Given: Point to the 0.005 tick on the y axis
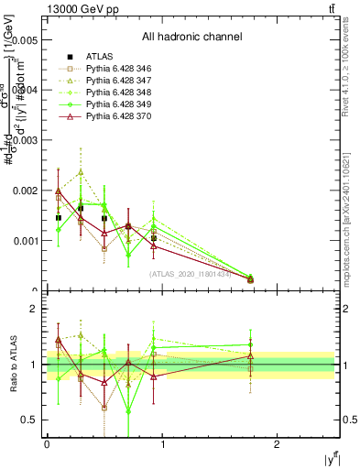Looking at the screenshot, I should click(25, 41).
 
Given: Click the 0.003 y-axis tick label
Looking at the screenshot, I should click(25, 141).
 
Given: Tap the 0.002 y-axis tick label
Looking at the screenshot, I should click(25, 191).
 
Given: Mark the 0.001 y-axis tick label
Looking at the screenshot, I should click(25, 241).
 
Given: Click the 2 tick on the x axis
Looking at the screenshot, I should click(278, 444).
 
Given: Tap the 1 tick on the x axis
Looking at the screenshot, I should click(162, 444).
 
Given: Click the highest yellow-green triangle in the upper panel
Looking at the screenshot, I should click(81, 171).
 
